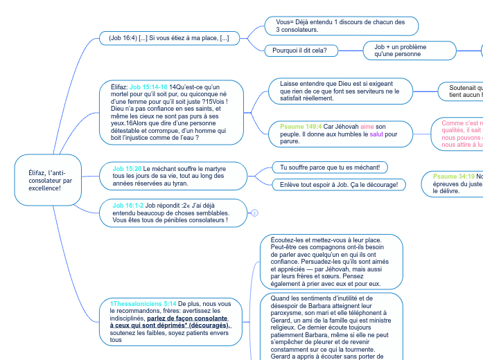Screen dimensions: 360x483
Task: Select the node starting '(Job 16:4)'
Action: pyautogui.click(x=165, y=38)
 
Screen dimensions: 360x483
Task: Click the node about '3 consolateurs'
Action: pyautogui.click(x=341, y=26)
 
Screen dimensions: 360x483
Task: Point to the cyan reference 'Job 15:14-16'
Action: pyautogui.click(x=148, y=87)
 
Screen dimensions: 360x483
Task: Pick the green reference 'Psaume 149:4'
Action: pyautogui.click(x=301, y=127)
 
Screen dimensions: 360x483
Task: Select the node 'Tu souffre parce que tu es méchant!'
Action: pyautogui.click(x=329, y=168)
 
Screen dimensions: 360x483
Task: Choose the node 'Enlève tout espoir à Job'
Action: pyautogui.click(x=338, y=185)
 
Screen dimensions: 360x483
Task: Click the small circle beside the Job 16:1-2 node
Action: pyautogui.click(x=254, y=213)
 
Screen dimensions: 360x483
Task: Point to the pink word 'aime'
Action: pyautogui.click(x=367, y=127)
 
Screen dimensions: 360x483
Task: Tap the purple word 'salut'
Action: pyautogui.click(x=376, y=134)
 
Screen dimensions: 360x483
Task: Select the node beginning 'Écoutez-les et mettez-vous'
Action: pyautogui.click(x=331, y=262)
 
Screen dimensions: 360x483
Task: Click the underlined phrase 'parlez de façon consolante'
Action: pyautogui.click(x=187, y=318)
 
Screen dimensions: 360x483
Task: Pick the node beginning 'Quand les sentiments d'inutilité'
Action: pyautogui.click(x=331, y=325)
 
